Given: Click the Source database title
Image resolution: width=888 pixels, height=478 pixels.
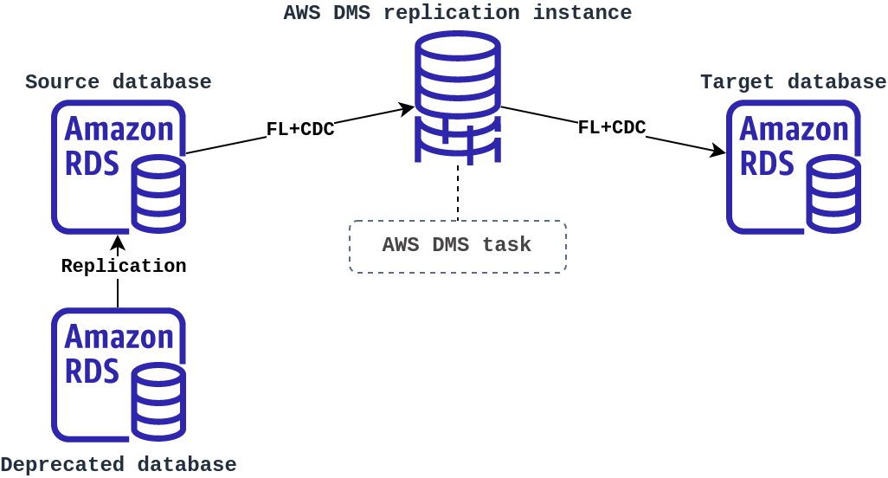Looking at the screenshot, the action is pyautogui.click(x=118, y=82).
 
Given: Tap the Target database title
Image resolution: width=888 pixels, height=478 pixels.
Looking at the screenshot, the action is pyautogui.click(x=793, y=82).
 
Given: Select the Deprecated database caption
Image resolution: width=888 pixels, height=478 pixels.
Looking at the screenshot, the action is pyautogui.click(x=118, y=464).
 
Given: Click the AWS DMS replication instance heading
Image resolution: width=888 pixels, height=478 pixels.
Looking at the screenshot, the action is pyautogui.click(x=457, y=13).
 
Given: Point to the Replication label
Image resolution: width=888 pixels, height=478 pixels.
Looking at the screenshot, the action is pyautogui.click(x=123, y=266).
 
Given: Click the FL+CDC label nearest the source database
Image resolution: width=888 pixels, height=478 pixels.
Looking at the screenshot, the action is pyautogui.click(x=299, y=130).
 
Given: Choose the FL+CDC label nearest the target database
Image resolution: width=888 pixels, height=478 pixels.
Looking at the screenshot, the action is pyautogui.click(x=611, y=128).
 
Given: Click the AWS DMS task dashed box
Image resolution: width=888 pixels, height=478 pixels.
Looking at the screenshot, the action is pyautogui.click(x=457, y=246).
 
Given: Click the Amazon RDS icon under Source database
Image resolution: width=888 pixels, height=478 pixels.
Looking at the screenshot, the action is pyautogui.click(x=118, y=166).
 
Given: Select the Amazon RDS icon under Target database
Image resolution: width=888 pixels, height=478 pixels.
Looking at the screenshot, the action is pyautogui.click(x=793, y=166).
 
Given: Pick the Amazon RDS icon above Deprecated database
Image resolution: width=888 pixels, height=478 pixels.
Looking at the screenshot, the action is pyautogui.click(x=118, y=374).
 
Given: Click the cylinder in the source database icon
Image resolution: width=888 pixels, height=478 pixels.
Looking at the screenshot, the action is pyautogui.click(x=158, y=194).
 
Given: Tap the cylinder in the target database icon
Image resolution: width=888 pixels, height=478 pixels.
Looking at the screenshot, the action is pyautogui.click(x=833, y=194).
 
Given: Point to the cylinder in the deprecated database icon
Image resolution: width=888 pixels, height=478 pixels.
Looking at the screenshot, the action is pyautogui.click(x=158, y=402).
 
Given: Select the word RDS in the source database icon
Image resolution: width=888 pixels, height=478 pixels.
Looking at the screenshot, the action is pyautogui.click(x=92, y=163).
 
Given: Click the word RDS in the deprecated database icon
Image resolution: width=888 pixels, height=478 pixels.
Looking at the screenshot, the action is pyautogui.click(x=92, y=371).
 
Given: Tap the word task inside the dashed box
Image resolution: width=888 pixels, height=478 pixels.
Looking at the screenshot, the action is pyautogui.click(x=506, y=245).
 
